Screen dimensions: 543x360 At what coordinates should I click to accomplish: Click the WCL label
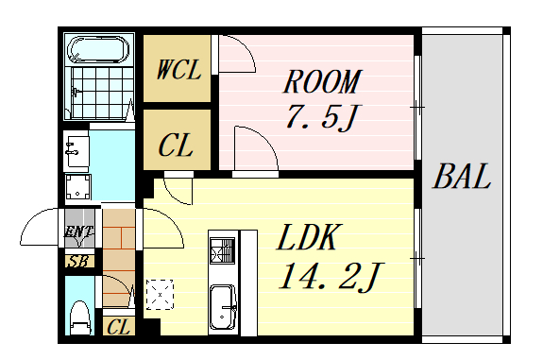(178, 70)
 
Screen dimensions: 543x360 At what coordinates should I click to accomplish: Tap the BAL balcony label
(462, 177)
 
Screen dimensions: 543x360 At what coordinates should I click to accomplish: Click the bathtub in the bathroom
(99, 49)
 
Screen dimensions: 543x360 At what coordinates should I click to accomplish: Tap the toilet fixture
(80, 317)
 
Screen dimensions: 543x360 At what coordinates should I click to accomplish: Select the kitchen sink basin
(223, 307)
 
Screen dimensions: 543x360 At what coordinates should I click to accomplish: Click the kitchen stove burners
(223, 250)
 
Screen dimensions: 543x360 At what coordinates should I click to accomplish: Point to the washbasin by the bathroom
(76, 151)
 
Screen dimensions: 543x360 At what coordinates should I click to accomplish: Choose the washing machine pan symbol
(78, 187)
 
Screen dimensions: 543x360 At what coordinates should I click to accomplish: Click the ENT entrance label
(79, 232)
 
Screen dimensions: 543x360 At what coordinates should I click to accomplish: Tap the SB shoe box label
(79, 262)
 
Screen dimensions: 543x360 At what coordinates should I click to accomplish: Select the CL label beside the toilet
(118, 326)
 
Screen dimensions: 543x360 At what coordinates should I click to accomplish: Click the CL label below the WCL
(176, 145)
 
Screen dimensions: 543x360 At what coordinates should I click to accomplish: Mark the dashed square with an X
(160, 295)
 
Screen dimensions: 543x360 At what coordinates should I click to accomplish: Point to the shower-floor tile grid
(102, 92)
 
